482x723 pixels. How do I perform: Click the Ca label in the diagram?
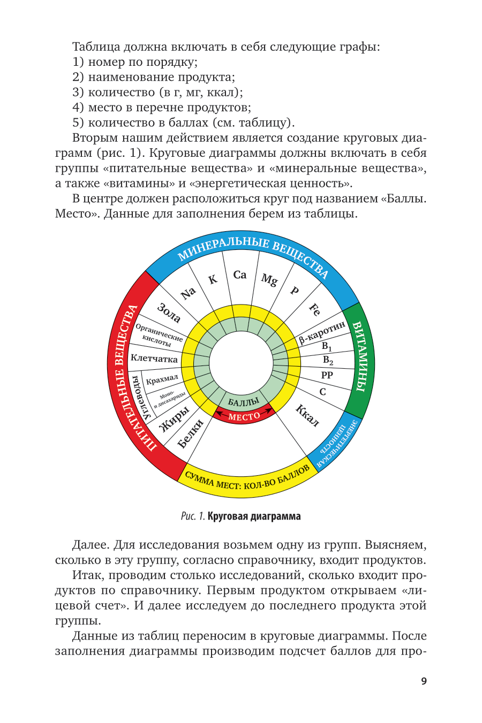(x=240, y=275)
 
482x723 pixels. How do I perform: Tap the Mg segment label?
(x=269, y=279)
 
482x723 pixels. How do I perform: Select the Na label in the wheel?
(x=188, y=293)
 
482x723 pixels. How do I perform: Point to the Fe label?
(x=315, y=309)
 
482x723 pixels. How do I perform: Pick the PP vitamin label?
(x=327, y=375)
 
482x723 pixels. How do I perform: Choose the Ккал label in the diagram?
(x=307, y=415)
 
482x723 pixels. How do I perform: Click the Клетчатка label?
(x=154, y=359)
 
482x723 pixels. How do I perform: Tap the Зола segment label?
(x=169, y=313)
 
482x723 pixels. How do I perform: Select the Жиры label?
(x=175, y=418)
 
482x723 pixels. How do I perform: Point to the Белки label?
(x=191, y=433)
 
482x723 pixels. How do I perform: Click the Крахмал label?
(x=162, y=379)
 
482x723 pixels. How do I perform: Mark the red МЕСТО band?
(x=244, y=416)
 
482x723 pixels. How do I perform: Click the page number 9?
(x=424, y=681)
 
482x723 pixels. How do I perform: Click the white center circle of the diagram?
(x=241, y=364)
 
